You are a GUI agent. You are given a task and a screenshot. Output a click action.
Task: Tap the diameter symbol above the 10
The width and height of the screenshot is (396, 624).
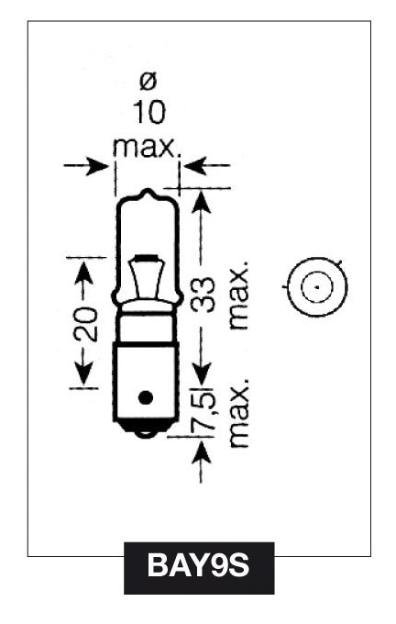[x=148, y=81]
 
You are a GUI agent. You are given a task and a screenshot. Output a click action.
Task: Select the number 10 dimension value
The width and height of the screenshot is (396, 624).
[x=148, y=112]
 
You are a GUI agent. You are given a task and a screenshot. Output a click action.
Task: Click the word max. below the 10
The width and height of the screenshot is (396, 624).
[x=146, y=147]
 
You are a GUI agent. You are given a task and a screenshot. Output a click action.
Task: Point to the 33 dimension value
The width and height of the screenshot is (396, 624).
[x=203, y=295]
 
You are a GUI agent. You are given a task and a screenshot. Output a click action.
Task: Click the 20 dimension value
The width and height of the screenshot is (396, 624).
[x=85, y=324]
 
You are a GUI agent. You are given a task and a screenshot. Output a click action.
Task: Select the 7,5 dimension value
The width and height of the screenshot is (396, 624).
[x=203, y=411]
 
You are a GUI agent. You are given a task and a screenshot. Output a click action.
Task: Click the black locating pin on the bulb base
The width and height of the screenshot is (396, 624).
[x=146, y=396]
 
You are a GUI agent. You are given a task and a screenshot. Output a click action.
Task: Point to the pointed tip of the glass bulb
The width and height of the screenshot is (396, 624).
[x=148, y=190]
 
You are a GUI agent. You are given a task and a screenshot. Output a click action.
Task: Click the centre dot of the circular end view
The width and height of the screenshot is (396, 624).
[x=317, y=286]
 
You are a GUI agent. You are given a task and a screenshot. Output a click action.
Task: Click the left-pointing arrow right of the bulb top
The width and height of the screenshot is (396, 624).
[x=207, y=165]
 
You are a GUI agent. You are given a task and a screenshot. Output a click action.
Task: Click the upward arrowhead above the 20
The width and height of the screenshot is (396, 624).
[x=84, y=273]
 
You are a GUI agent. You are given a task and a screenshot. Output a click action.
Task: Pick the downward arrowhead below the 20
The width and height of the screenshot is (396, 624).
[x=84, y=374]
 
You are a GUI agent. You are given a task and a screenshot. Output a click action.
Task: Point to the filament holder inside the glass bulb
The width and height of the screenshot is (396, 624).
[x=148, y=277]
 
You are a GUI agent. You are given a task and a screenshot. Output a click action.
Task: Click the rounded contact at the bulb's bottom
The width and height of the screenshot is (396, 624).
[x=146, y=433]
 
